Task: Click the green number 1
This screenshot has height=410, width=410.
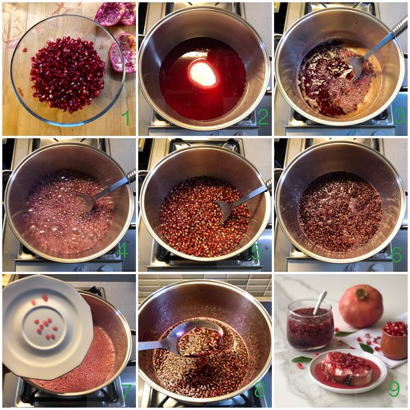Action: [126, 118]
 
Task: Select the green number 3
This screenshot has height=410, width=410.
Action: [399, 117]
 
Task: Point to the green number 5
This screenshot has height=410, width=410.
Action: [256, 253]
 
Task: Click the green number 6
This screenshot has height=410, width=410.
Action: [396, 254]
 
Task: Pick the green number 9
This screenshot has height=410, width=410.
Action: [394, 389]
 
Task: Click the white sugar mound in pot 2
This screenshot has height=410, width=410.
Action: [203, 74]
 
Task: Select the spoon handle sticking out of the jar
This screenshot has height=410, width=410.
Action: [320, 303]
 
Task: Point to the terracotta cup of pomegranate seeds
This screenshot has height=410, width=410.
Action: [394, 340]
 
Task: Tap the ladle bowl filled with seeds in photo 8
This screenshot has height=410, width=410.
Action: [200, 341]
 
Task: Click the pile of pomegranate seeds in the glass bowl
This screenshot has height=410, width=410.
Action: [68, 74]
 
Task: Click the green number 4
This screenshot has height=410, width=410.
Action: [122, 251]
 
